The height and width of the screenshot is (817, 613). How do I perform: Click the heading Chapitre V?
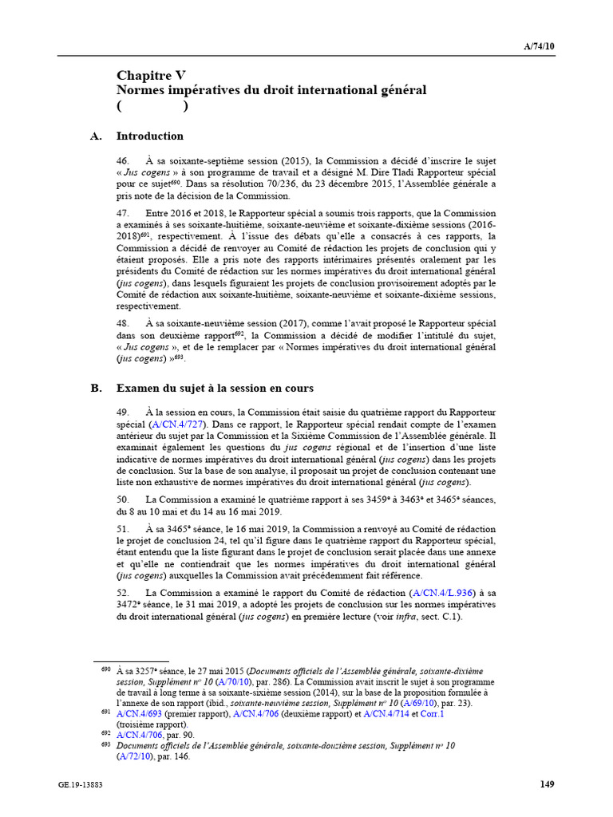[x=152, y=76]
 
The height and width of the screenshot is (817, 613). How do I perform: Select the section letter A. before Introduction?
[x=97, y=136]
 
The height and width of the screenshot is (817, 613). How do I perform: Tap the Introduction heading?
[x=150, y=136]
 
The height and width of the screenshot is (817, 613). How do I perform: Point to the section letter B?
[x=97, y=388]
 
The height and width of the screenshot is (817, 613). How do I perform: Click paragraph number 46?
[x=123, y=161]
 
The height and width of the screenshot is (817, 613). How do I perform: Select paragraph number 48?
[x=123, y=324]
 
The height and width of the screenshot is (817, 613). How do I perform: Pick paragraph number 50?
[x=123, y=499]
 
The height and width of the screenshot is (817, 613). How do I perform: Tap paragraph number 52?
[x=123, y=594]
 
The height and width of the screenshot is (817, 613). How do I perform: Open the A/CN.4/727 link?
[x=171, y=424]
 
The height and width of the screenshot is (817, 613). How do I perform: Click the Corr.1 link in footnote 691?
[x=430, y=714]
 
